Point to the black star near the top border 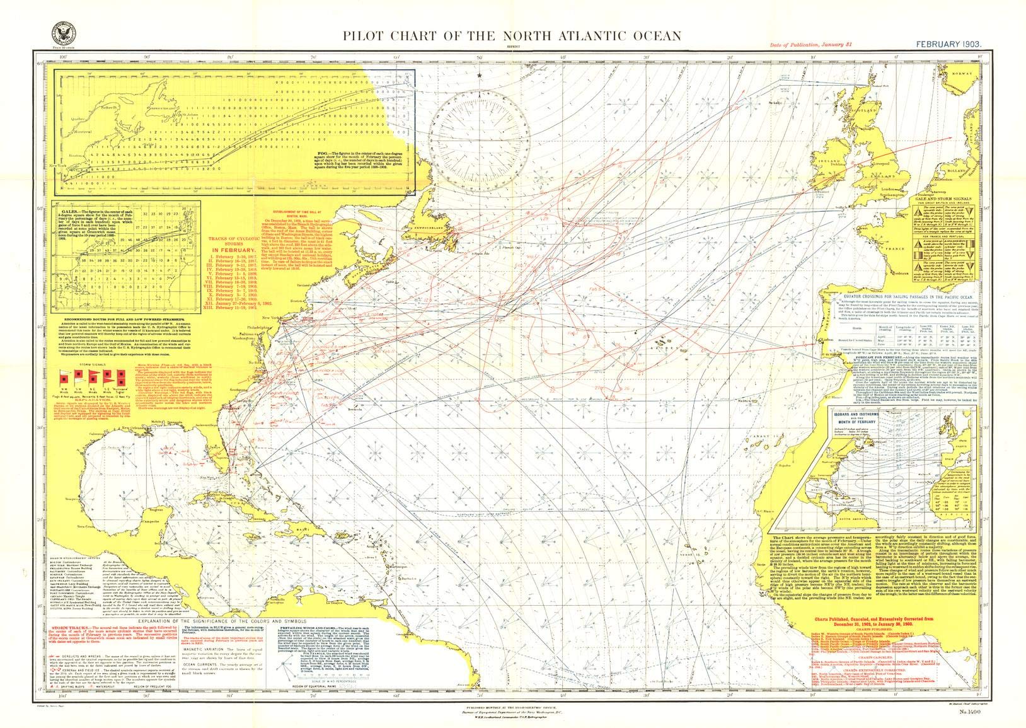[x=481, y=75]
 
